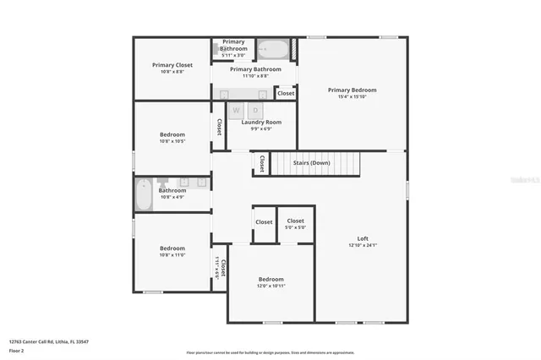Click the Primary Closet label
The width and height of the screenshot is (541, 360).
tap(172, 65)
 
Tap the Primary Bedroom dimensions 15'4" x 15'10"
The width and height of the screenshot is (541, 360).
tap(352, 96)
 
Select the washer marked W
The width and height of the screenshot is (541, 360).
tap(237, 111)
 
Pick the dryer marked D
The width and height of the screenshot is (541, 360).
tap(254, 111)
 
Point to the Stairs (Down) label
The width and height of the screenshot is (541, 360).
tap(310, 162)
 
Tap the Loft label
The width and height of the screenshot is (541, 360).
tap(363, 238)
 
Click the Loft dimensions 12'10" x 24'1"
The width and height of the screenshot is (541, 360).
tap(363, 245)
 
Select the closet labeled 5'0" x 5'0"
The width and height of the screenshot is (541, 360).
tap(294, 226)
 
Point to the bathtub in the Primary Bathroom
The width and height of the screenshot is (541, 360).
tap(272, 48)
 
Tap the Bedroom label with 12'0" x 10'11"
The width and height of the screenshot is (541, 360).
tap(271, 279)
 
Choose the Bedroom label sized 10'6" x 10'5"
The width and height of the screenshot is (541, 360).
tap(172, 134)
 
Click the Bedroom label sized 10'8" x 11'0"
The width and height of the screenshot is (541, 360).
tap(172, 248)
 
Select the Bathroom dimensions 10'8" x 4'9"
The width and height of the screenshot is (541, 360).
tap(172, 197)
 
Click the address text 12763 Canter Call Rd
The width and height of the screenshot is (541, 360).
tap(49, 341)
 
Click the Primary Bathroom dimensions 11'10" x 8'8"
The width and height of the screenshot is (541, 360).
tap(255, 76)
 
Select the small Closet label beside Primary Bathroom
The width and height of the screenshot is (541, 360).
tap(286, 93)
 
